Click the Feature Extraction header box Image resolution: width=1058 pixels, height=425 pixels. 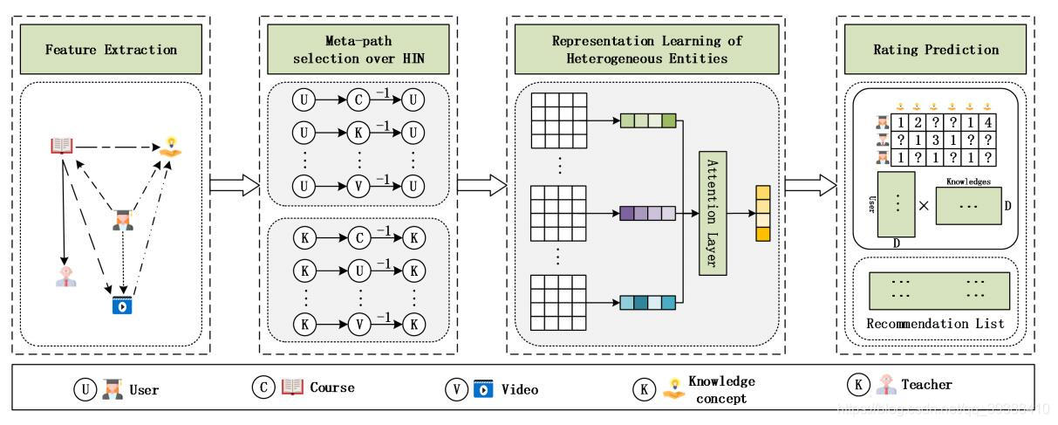112,49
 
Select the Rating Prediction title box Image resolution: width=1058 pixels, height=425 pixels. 936,49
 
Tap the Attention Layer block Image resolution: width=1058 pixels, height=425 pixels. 713,212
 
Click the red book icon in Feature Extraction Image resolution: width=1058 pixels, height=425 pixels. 62,146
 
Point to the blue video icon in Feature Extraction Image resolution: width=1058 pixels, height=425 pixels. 121,306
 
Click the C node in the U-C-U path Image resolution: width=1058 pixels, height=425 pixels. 358,100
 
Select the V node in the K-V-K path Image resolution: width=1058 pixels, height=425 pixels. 358,325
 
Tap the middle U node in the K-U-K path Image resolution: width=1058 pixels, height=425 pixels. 358,269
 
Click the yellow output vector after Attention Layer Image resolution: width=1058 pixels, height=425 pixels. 763,214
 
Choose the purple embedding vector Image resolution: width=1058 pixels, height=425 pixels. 647,213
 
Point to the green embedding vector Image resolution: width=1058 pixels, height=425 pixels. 647,121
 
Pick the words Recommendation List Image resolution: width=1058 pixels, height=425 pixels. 935,324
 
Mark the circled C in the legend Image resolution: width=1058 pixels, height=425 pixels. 264,387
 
